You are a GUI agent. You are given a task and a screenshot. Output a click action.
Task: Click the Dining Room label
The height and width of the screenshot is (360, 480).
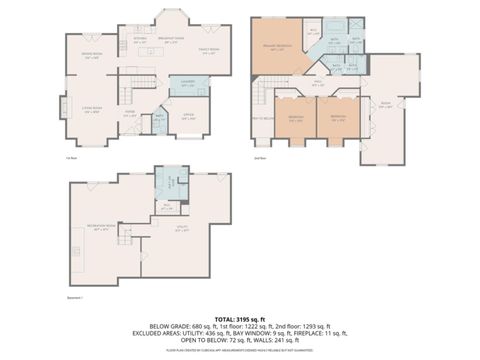tap(92, 57)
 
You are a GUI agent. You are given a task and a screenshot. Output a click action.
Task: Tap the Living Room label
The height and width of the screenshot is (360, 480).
tap(91, 111)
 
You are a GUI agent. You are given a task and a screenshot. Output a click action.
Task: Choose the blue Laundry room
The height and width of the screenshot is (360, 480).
tap(189, 86)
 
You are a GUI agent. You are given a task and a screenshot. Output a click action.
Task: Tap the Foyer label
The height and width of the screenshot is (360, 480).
tap(130, 113)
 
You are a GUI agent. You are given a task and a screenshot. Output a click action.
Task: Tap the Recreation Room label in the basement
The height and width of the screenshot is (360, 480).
tap(103, 227)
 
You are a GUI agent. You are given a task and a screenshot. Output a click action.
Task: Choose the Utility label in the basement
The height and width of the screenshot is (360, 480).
tap(182, 230)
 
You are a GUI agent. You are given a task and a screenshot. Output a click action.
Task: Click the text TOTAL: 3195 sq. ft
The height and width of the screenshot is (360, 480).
tap(240, 316)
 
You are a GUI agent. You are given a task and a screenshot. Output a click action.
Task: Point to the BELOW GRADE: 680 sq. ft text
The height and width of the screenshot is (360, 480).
tap(172, 326)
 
